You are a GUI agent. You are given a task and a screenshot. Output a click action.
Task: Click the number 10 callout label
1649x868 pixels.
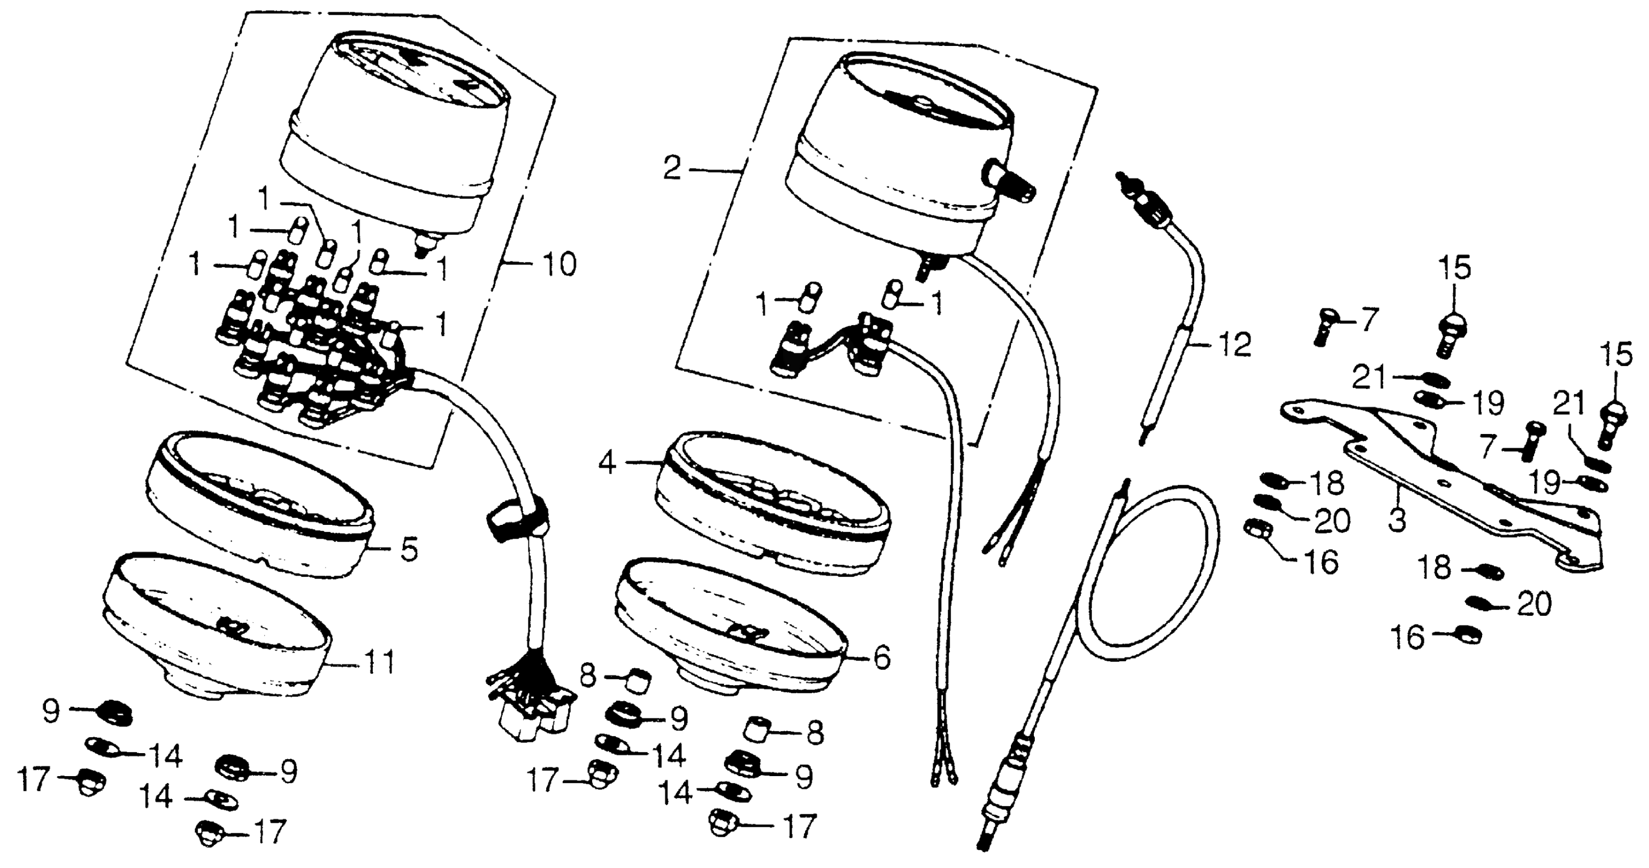[559, 264]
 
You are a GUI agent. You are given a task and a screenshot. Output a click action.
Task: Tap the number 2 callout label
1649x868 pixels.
[671, 169]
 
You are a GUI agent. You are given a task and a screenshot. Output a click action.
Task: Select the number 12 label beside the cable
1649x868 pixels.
[1234, 346]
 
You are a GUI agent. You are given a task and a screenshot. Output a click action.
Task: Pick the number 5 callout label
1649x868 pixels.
[409, 550]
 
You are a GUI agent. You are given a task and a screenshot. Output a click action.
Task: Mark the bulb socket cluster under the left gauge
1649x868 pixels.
[313, 346]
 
